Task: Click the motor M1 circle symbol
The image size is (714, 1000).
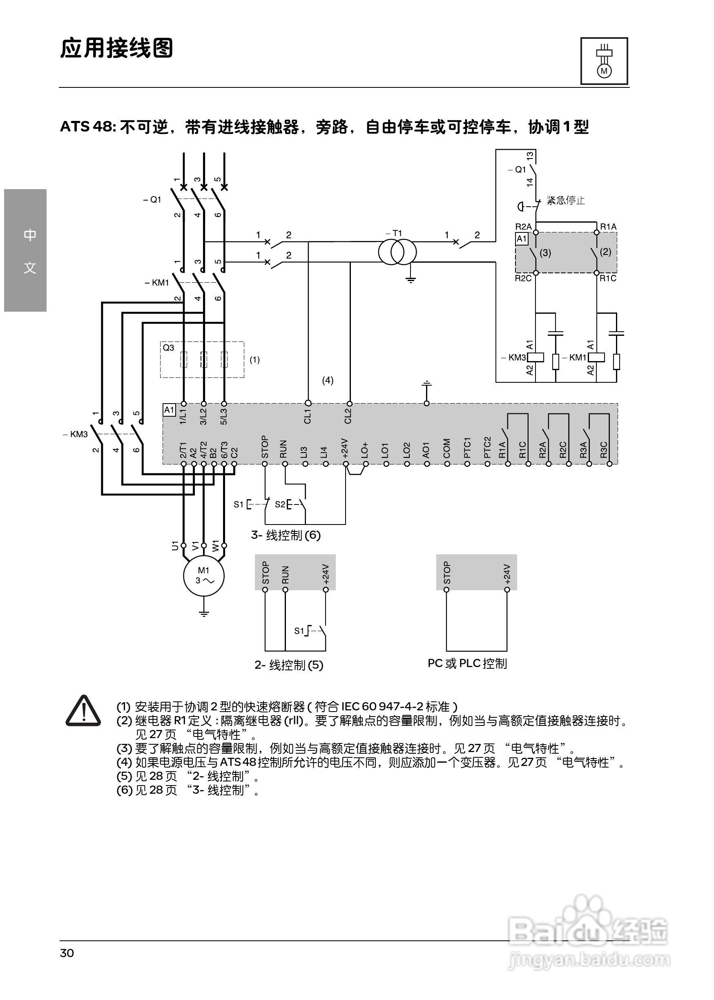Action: point(203,576)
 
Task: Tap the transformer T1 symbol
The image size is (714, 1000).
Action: point(397,252)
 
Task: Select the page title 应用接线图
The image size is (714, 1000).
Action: point(116,48)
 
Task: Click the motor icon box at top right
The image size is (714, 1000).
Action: point(604,61)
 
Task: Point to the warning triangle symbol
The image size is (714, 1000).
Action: point(83,711)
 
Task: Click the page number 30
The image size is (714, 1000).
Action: point(67,953)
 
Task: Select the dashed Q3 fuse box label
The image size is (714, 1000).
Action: point(168,348)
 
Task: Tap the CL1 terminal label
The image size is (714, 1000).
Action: point(307,416)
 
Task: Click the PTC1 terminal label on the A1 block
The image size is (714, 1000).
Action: point(467,447)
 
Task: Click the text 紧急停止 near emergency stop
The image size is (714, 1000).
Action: point(566,201)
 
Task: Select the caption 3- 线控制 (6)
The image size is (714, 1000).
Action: point(286,535)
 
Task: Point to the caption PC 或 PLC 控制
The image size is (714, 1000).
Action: point(467,663)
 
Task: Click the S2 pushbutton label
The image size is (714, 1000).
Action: point(280,504)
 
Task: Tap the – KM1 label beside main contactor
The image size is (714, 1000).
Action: point(157,283)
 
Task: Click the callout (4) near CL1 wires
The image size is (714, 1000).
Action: point(328,380)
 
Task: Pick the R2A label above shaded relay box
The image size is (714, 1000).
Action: point(523,227)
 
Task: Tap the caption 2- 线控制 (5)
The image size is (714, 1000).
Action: point(289,665)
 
